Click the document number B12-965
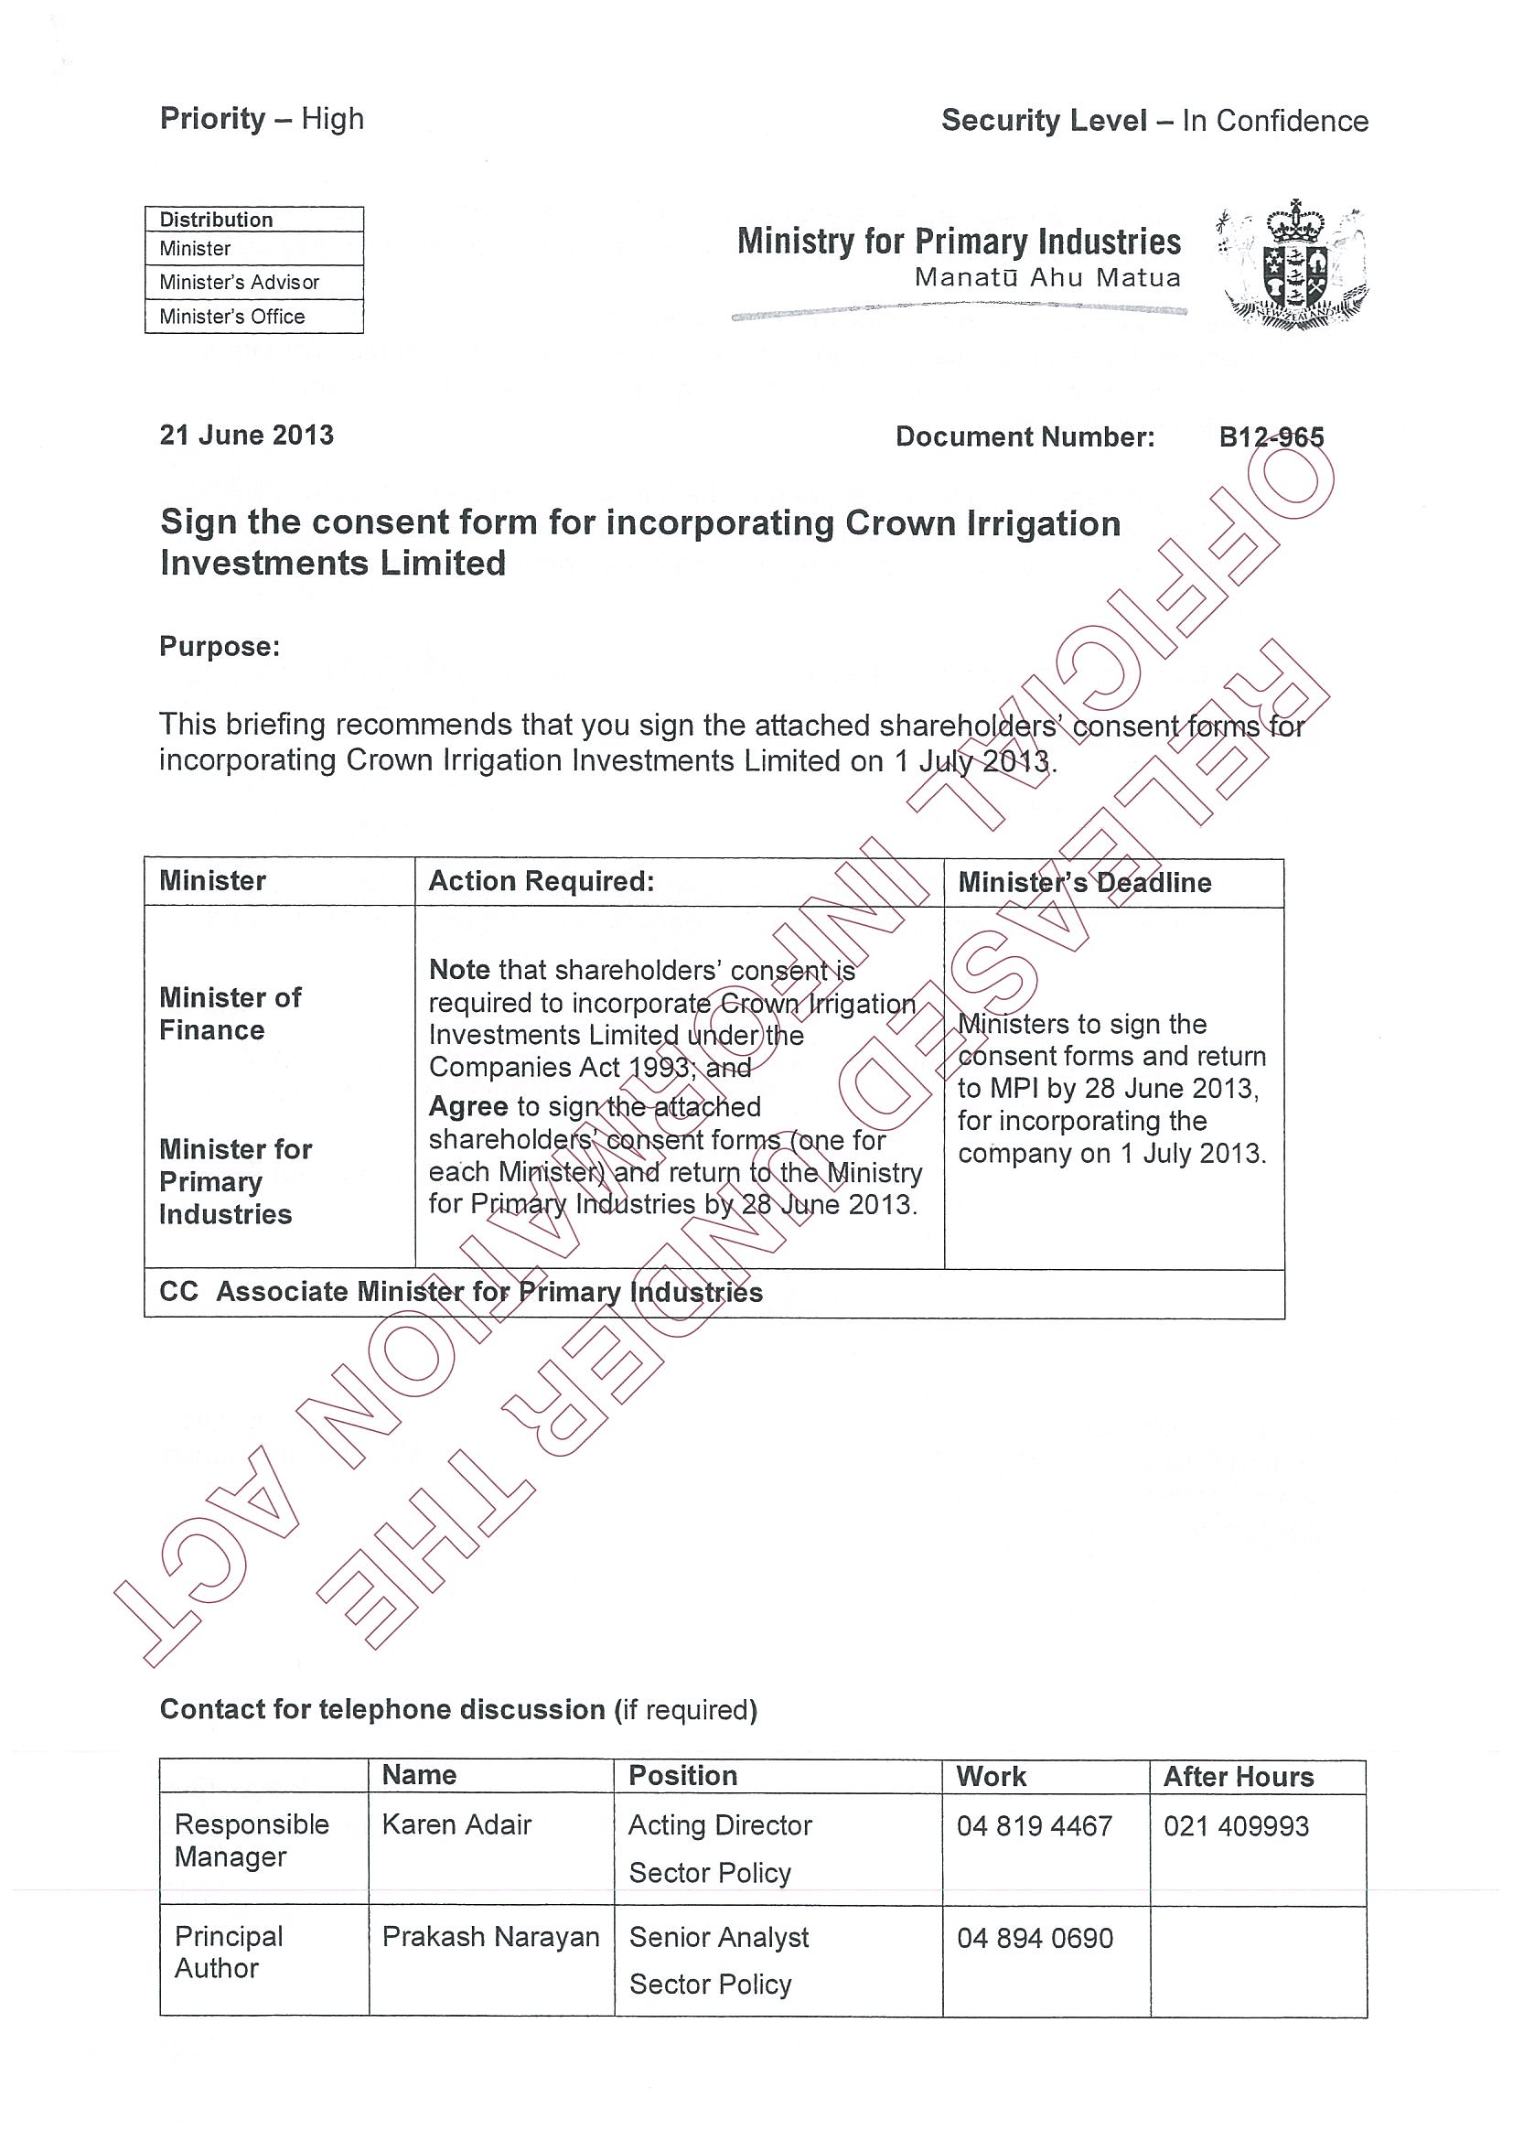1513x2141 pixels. pyautogui.click(x=1271, y=436)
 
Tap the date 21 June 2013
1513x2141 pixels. pyautogui.click(x=246, y=435)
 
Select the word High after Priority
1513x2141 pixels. pyautogui.click(x=332, y=119)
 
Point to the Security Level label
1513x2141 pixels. pyautogui.click(x=1044, y=120)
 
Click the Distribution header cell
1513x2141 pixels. pyautogui.click(x=216, y=220)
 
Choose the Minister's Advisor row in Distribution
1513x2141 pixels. pyautogui.click(x=239, y=282)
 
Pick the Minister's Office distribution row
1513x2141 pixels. pyautogui.click(x=232, y=316)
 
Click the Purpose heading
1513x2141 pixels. pyautogui.click(x=219, y=646)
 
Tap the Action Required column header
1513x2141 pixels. pyautogui.click(x=541, y=881)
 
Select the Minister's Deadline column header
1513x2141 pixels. pyautogui.click(x=1084, y=882)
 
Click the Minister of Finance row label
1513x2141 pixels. pyautogui.click(x=230, y=1014)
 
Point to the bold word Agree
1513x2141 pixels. pyautogui.click(x=468, y=1106)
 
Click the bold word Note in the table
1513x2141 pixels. pyautogui.click(x=458, y=970)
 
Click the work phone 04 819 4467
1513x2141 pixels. pyautogui.click(x=1034, y=1826)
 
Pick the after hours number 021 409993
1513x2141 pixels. pyautogui.click(x=1235, y=1826)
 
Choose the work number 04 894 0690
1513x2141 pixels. pyautogui.click(x=1035, y=1938)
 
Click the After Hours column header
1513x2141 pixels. pyautogui.click(x=1238, y=1777)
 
